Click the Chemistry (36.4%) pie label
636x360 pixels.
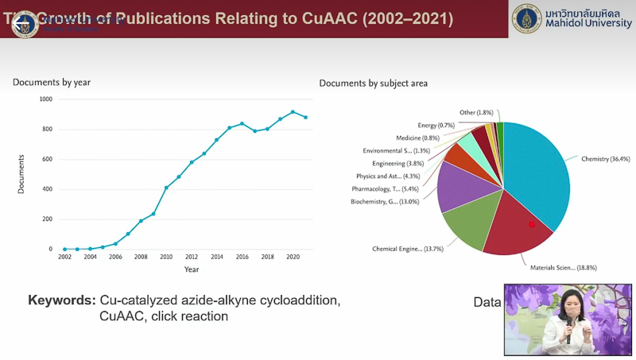pos(606,159)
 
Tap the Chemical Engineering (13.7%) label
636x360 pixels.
pos(408,249)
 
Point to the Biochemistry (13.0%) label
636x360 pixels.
pos(386,202)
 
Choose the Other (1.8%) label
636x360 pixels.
pos(476,113)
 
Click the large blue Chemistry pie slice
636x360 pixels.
pos(541,175)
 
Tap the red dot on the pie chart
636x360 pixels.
pos(532,225)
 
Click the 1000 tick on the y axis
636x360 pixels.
pos(45,99)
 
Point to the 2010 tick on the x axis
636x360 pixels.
pos(166,257)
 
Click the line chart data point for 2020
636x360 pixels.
pos(293,112)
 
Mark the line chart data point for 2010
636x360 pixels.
pos(166,188)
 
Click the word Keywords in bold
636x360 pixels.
pos(62,301)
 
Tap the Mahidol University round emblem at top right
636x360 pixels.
pos(526,18)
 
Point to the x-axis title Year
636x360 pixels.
pos(192,269)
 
